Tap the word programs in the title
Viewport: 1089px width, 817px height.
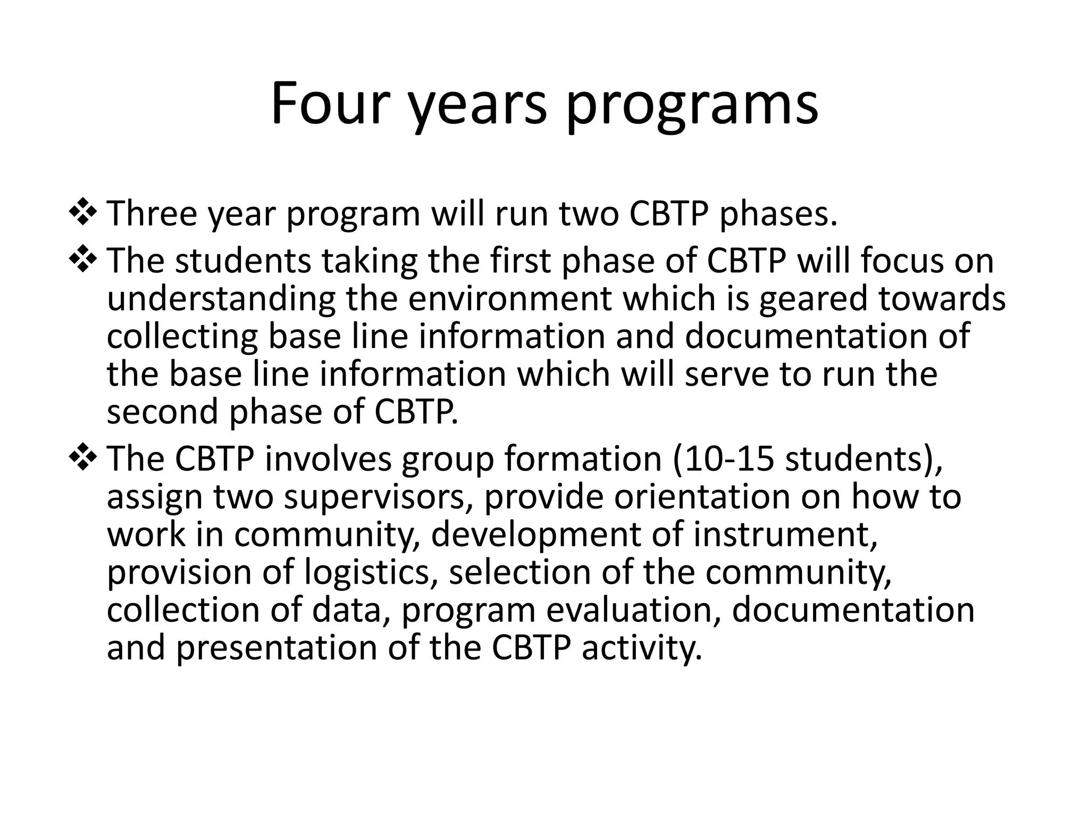pyautogui.click(x=691, y=106)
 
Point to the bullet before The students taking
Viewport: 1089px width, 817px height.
pyautogui.click(x=82, y=260)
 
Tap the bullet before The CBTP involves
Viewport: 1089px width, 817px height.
pyautogui.click(x=82, y=458)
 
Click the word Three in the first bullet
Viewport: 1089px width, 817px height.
pyautogui.click(x=152, y=214)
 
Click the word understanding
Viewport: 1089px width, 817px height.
pyautogui.click(x=221, y=299)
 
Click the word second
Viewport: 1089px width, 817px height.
pyautogui.click(x=162, y=412)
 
